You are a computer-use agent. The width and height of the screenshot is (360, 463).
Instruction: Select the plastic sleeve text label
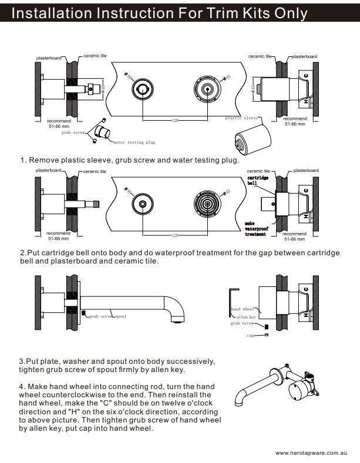tap(241, 118)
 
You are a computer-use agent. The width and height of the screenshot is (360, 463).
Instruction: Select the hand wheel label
tap(242, 309)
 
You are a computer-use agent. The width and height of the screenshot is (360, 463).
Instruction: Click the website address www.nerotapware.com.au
tap(309, 453)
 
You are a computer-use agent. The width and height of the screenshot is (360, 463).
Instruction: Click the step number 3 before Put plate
tap(21, 360)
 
